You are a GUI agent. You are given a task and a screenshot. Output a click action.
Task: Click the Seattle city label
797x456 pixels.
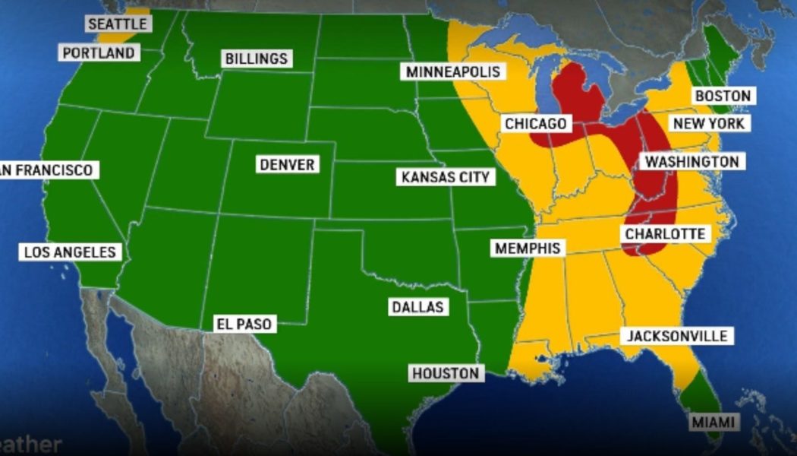(117, 24)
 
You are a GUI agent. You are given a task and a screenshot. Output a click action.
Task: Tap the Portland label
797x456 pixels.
(99, 52)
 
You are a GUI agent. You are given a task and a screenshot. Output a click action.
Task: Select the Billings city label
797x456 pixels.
(256, 59)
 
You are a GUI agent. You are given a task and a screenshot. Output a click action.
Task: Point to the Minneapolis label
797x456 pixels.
(453, 71)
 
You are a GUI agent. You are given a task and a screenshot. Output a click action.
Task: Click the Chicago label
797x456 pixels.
(535, 123)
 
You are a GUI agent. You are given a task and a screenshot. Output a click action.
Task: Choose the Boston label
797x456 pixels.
(723, 96)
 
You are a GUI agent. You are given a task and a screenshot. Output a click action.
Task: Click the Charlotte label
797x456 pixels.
(665, 234)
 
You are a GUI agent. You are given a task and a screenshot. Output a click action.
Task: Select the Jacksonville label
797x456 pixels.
(678, 336)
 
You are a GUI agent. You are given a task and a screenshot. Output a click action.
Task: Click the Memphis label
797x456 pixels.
(528, 249)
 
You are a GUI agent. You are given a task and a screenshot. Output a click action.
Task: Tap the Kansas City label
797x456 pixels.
(446, 178)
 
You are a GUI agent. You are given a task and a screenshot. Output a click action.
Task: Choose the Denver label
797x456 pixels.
(286, 164)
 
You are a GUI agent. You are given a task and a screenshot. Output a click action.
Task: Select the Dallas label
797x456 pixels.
(417, 307)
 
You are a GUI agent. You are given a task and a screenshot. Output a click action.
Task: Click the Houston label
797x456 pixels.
(446, 373)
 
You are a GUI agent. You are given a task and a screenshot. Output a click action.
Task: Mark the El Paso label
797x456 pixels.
(244, 325)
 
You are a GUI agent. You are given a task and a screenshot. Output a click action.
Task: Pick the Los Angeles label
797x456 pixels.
(69, 252)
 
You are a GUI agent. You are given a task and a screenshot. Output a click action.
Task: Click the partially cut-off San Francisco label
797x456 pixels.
(47, 169)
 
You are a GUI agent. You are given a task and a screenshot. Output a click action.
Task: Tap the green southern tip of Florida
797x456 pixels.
(696, 396)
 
